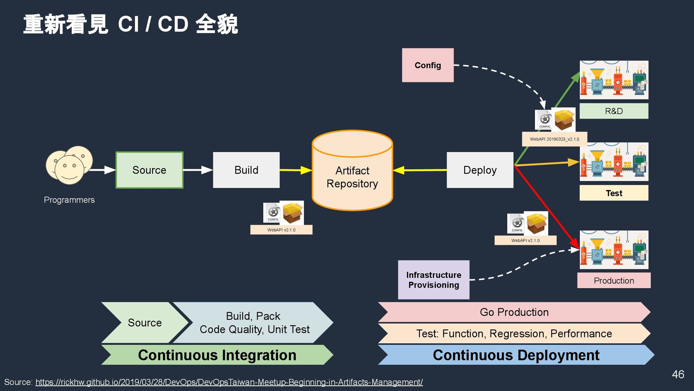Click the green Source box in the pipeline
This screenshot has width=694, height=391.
pos(149,170)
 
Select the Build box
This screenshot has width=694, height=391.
pos(246,170)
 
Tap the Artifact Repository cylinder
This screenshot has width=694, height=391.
pos(352,174)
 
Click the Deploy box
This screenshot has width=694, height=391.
pos(480,170)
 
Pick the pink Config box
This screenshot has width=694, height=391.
pos(428,65)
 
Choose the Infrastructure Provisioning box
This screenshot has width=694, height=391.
pos(433,280)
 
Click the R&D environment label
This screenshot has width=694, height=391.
pos(614,111)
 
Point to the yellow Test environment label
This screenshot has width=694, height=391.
pos(614,193)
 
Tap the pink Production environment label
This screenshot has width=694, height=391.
pos(614,281)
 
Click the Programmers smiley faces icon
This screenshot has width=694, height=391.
pos(69,165)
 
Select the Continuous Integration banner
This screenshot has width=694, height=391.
pos(217,355)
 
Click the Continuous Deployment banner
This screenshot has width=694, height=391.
pos(516,355)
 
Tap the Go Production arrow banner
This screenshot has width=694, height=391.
pos(514,312)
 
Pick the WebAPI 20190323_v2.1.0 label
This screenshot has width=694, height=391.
pos(554,139)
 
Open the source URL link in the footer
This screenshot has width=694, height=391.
pos(229,382)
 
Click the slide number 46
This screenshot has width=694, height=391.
pos(678,374)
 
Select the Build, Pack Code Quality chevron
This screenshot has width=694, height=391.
pos(254,323)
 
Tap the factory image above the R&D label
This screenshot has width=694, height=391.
pos(614,80)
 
